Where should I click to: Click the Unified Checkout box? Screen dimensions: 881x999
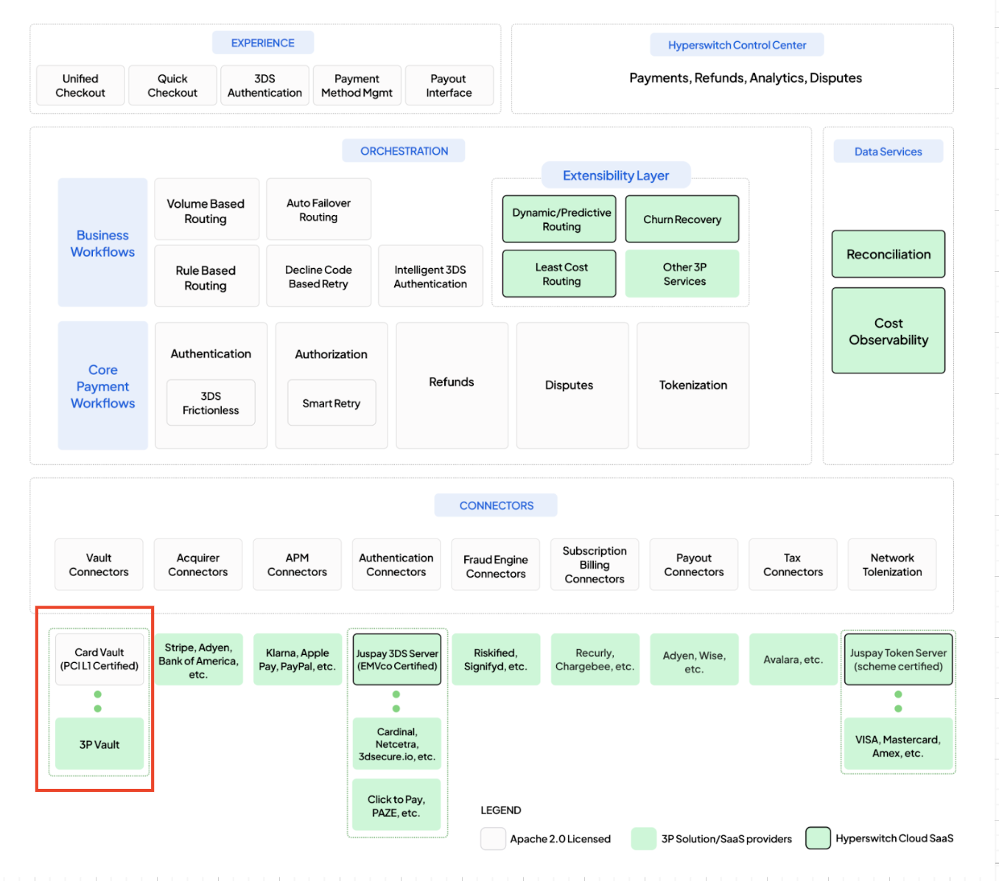[x=80, y=85]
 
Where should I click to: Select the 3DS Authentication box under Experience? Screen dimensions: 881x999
[x=264, y=85]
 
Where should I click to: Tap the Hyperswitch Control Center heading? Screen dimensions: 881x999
[x=737, y=45]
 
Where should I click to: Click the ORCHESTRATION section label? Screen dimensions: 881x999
[x=404, y=151]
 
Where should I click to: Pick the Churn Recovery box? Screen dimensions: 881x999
[x=682, y=220]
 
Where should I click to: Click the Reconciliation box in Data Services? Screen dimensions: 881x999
[x=888, y=254]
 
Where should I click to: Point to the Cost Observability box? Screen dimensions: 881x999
[x=888, y=331]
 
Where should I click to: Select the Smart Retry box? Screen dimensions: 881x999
[x=332, y=403]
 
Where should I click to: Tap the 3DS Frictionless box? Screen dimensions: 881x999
[x=211, y=403]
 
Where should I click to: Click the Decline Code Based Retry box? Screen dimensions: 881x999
[x=318, y=277]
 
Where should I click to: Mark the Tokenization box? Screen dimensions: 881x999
[x=693, y=385]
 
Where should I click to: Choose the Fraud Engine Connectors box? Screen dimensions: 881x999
[x=496, y=566]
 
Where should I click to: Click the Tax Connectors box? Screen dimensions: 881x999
[x=793, y=565]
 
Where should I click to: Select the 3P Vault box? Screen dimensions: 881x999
[x=99, y=745]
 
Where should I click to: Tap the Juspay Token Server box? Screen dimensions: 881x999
[x=898, y=659]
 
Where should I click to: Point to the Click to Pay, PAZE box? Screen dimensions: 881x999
[x=396, y=806]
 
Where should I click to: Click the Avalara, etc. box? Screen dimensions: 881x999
[x=793, y=659]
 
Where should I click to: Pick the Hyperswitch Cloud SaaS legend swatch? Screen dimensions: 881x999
[x=818, y=838]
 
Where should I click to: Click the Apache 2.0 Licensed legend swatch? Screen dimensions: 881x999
[x=493, y=838]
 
